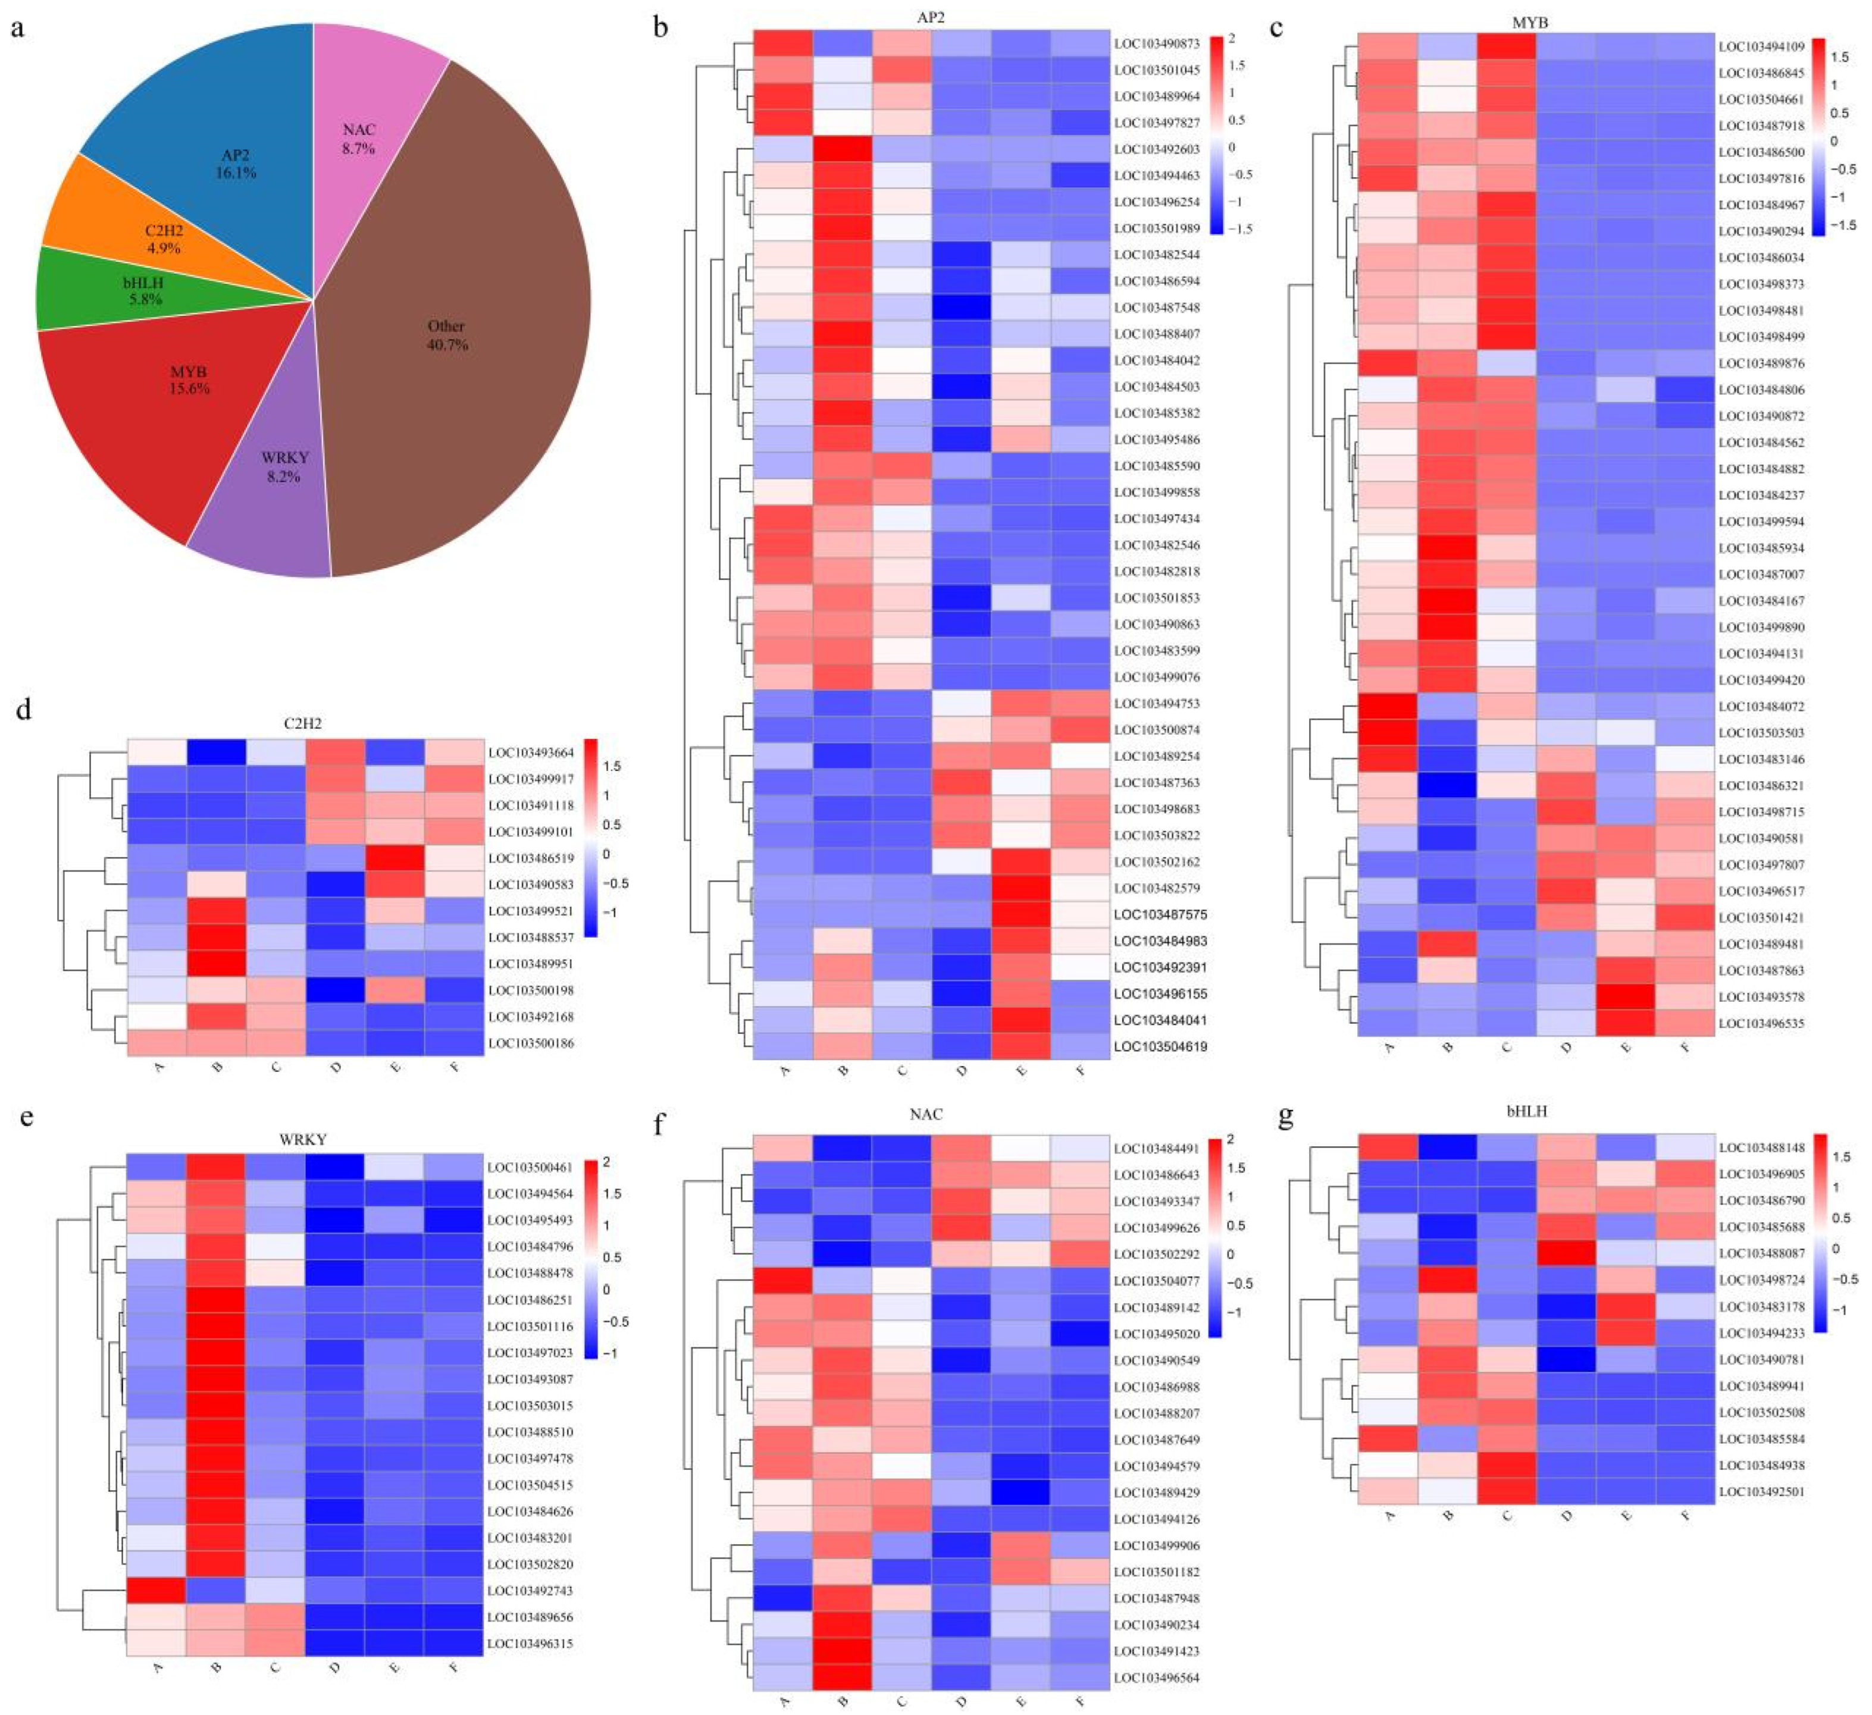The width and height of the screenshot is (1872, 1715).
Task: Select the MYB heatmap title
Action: [x=1529, y=22]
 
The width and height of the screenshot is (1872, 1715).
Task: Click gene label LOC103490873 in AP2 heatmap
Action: [x=1157, y=43]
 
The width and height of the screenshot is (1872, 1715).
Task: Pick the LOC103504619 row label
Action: [x=1160, y=1046]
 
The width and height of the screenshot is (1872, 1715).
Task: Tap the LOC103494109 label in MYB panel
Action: [x=1761, y=46]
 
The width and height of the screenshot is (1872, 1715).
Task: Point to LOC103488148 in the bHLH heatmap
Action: [x=1761, y=1147]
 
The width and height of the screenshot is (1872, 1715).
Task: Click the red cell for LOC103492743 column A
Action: [x=155, y=1591]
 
